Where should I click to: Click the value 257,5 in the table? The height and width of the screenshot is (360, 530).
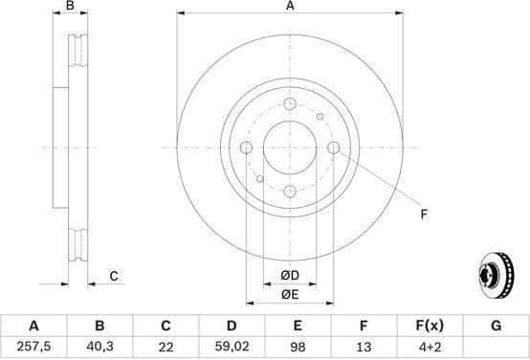click(x=33, y=346)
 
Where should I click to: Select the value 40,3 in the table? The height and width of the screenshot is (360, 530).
click(x=99, y=346)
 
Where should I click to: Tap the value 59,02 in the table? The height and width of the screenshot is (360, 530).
click(x=232, y=346)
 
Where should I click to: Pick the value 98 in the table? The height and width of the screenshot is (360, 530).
click(x=298, y=346)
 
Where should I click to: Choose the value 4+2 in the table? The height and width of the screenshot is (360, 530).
click(x=430, y=346)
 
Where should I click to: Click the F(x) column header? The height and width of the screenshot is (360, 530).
click(x=430, y=326)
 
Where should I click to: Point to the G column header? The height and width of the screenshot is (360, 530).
click(x=496, y=326)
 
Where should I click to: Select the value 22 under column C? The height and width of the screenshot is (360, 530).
click(x=166, y=346)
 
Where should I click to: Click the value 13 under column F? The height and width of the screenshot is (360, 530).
click(x=364, y=346)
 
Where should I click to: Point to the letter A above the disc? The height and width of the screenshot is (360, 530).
click(x=290, y=7)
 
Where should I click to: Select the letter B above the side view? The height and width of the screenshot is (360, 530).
click(x=70, y=7)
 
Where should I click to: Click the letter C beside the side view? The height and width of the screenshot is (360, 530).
click(x=113, y=277)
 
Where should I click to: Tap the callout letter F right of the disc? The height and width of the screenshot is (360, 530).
click(x=423, y=214)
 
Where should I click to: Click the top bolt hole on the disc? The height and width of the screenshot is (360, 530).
click(x=290, y=103)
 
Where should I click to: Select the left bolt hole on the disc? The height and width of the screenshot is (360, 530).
click(x=246, y=147)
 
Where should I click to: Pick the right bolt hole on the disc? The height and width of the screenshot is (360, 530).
click(x=334, y=147)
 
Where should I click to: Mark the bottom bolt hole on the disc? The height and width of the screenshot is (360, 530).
click(x=290, y=191)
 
